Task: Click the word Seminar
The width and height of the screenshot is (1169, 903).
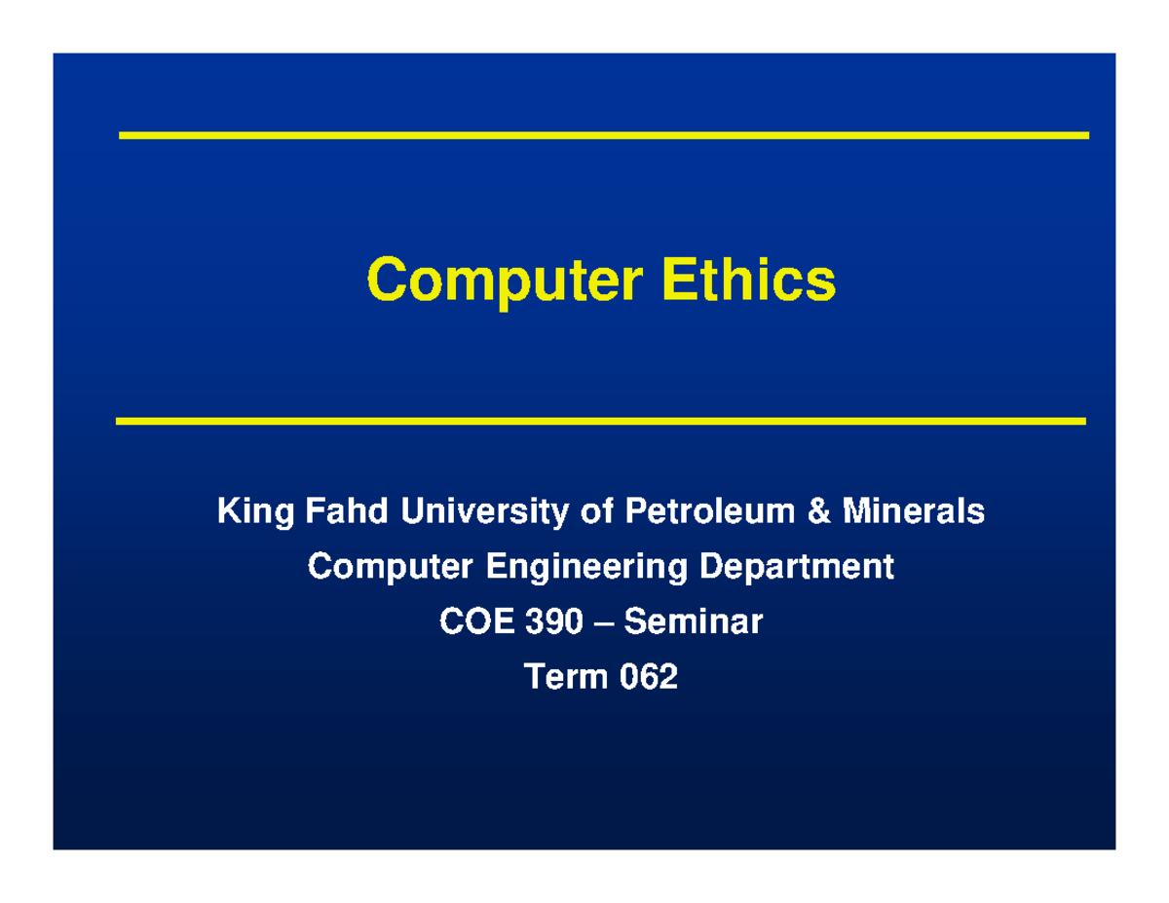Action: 694,621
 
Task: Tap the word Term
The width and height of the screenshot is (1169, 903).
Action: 566,675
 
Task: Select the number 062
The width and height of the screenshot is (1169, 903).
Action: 649,675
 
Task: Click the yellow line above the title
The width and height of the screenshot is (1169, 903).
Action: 603,135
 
